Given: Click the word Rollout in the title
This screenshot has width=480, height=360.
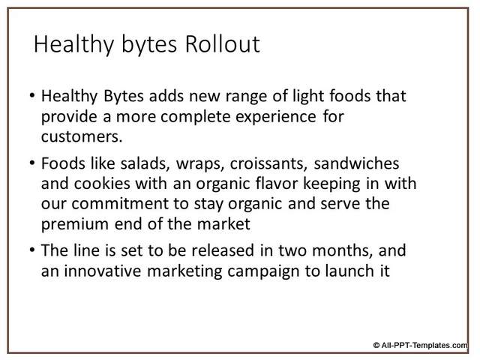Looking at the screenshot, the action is (223, 44).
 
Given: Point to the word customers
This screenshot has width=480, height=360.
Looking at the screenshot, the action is (82, 136).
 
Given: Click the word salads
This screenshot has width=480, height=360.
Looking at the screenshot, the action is (145, 163).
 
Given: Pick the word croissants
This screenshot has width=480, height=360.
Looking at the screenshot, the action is (268, 163).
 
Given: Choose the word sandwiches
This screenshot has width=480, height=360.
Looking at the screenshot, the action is (357, 163).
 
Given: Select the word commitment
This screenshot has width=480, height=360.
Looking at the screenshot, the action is (120, 203).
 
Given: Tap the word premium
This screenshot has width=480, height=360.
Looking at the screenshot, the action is (75, 225).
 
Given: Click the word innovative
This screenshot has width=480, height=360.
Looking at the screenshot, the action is (103, 271).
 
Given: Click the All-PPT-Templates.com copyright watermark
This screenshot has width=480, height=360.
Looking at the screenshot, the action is (421, 345).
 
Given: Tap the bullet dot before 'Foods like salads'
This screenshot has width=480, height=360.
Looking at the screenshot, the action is (32, 163).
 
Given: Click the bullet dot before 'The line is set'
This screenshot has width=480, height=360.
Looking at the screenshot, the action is (32, 250).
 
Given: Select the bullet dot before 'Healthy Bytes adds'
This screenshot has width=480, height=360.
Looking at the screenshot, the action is (32, 96).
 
